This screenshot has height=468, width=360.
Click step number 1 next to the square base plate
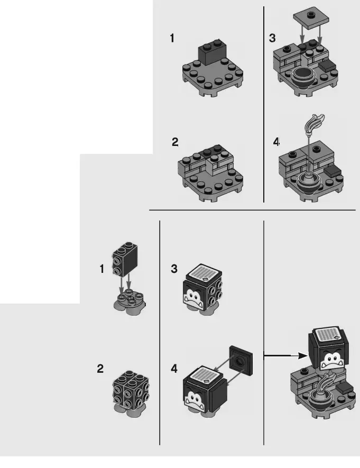click(x=172, y=38)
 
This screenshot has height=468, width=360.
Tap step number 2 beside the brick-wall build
click(x=175, y=142)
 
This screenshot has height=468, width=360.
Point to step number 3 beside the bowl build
click(x=272, y=38)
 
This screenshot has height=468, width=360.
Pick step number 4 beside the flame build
click(x=276, y=142)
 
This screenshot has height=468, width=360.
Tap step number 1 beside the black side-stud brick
click(x=102, y=269)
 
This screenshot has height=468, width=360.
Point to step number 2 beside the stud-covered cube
click(x=100, y=369)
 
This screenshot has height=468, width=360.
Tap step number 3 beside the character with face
click(x=174, y=269)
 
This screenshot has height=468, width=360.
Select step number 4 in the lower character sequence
click(x=174, y=369)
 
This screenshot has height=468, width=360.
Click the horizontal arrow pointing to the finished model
click(x=285, y=356)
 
